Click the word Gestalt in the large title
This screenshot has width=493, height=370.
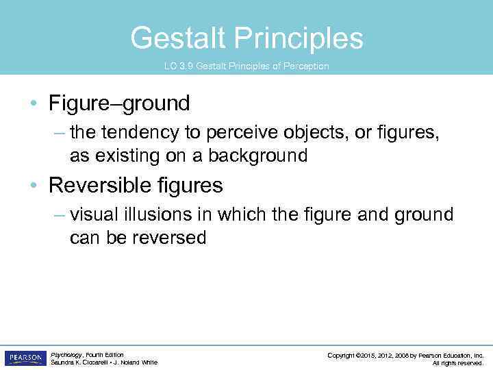(178, 38)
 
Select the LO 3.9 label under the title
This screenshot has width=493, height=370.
(177, 66)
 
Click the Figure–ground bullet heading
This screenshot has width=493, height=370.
(119, 104)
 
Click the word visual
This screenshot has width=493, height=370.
(94, 215)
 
